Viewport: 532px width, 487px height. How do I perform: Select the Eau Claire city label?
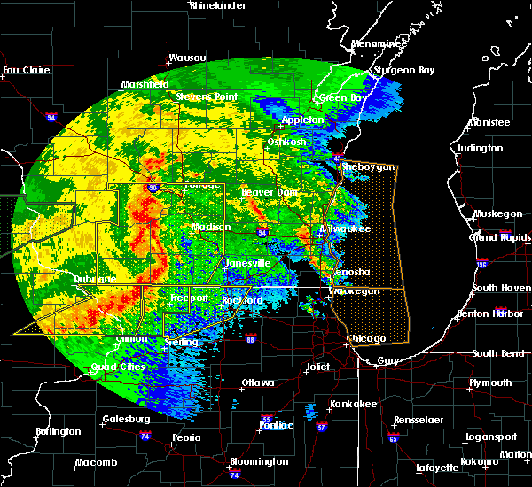(24, 70)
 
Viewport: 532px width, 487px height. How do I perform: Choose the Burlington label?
(58, 431)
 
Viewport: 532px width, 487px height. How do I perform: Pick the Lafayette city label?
(437, 467)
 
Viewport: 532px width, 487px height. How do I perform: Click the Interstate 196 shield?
(481, 264)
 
